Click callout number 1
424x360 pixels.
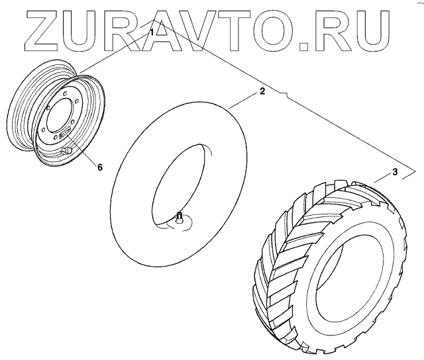[x=152, y=31]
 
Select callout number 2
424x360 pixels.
[x=262, y=91]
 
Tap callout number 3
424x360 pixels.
[x=394, y=173]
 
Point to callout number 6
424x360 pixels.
[x=99, y=167]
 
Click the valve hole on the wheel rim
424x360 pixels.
[x=66, y=152]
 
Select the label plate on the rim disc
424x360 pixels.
[x=65, y=136]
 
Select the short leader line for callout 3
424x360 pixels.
[x=380, y=178]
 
